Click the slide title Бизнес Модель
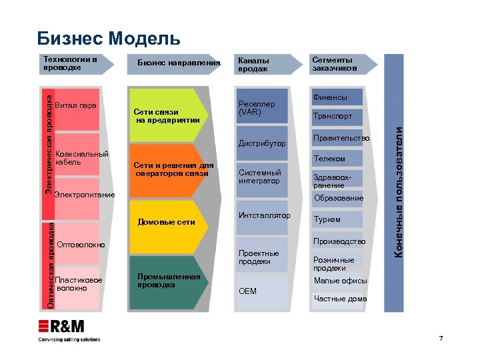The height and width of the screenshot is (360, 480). (108, 38)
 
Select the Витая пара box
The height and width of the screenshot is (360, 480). (77, 107)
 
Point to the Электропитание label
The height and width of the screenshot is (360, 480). (84, 195)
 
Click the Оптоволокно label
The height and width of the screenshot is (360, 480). (81, 245)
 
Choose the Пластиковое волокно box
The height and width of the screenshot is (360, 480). (79, 284)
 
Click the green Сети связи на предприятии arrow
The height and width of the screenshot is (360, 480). (166, 115)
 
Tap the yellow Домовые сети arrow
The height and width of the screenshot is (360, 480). (166, 221)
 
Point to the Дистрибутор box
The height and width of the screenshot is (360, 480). (262, 143)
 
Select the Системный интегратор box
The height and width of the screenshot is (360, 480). (262, 177)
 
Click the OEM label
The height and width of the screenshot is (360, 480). (248, 291)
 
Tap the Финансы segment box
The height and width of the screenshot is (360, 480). (337, 97)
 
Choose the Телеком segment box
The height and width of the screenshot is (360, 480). (337, 159)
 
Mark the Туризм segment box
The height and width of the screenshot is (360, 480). (337, 219)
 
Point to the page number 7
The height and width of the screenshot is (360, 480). (441, 339)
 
